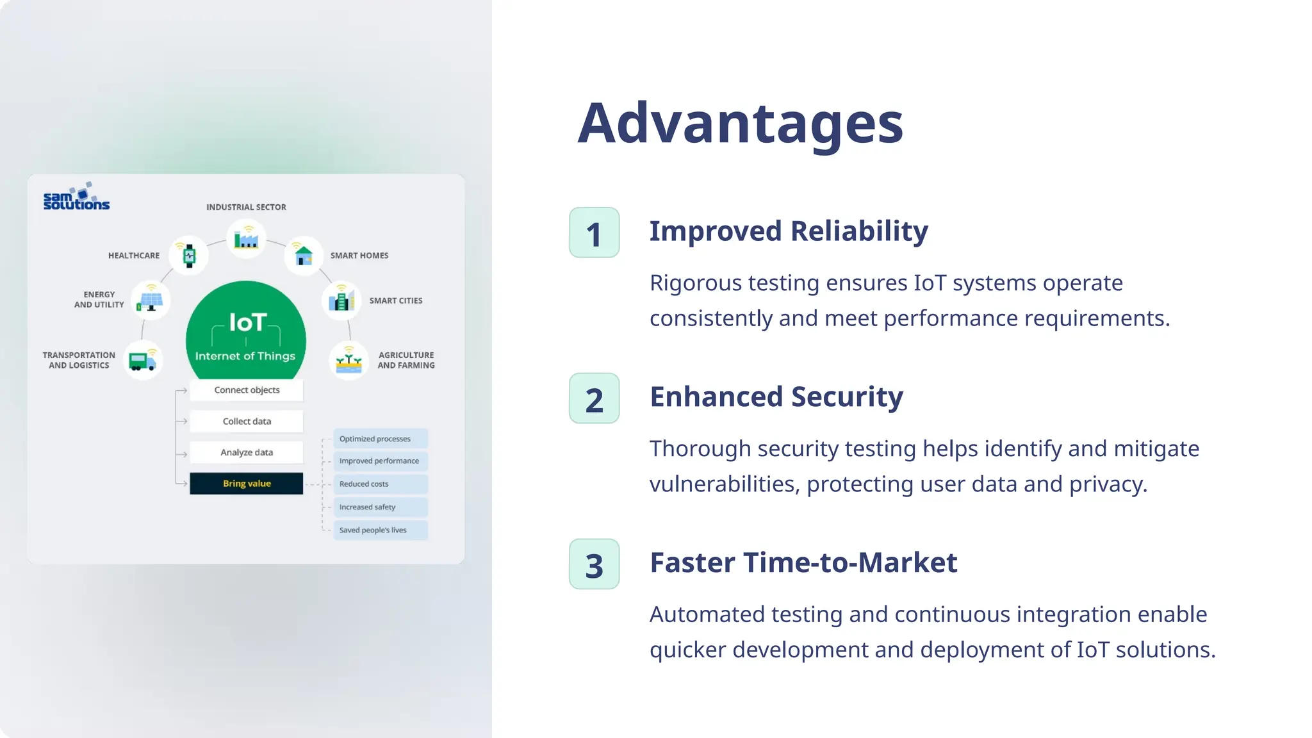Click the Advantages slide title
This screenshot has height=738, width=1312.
click(x=740, y=124)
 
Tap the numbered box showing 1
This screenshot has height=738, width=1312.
click(x=594, y=233)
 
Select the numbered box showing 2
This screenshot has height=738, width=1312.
click(x=594, y=398)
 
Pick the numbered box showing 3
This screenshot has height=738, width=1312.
click(x=594, y=564)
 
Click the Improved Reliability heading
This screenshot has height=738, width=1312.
click(x=788, y=231)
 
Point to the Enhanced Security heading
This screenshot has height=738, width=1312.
click(x=776, y=397)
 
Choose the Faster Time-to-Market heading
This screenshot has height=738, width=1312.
click(x=803, y=563)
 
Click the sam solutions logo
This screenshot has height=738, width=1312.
click(x=76, y=197)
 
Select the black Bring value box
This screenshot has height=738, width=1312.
click(x=246, y=484)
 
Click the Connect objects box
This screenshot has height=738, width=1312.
click(x=246, y=390)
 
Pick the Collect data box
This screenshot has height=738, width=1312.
click(x=246, y=422)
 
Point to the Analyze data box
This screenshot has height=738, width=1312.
click(x=246, y=452)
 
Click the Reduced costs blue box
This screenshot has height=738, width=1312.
click(x=380, y=484)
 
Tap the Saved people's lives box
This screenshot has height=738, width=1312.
click(x=380, y=530)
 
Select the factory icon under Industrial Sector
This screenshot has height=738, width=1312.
click(x=246, y=240)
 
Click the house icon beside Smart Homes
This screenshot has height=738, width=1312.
click(x=303, y=255)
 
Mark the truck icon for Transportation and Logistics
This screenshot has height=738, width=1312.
click(x=142, y=361)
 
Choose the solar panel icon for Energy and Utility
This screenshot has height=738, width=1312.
click(x=151, y=300)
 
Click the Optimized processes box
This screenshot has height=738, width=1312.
click(x=380, y=439)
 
